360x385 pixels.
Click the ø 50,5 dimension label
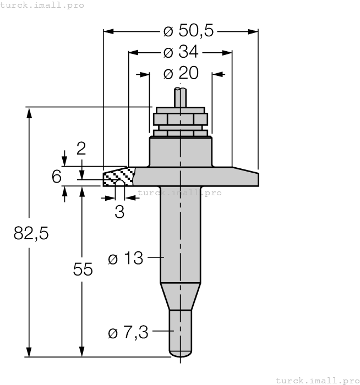click(188, 31)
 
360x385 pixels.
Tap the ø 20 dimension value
click(181, 73)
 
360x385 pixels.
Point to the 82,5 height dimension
click(31, 234)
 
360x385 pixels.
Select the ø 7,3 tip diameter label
click(128, 332)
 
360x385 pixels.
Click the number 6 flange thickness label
click(56, 177)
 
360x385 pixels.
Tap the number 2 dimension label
click(81, 148)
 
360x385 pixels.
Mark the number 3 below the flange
click(119, 212)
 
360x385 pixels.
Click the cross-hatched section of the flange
click(119, 177)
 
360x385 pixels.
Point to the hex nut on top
click(180, 119)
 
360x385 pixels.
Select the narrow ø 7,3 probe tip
click(180, 333)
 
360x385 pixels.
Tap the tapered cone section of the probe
click(180, 297)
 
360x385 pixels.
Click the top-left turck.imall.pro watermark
click(42, 5)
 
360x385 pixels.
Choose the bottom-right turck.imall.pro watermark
click(317, 380)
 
